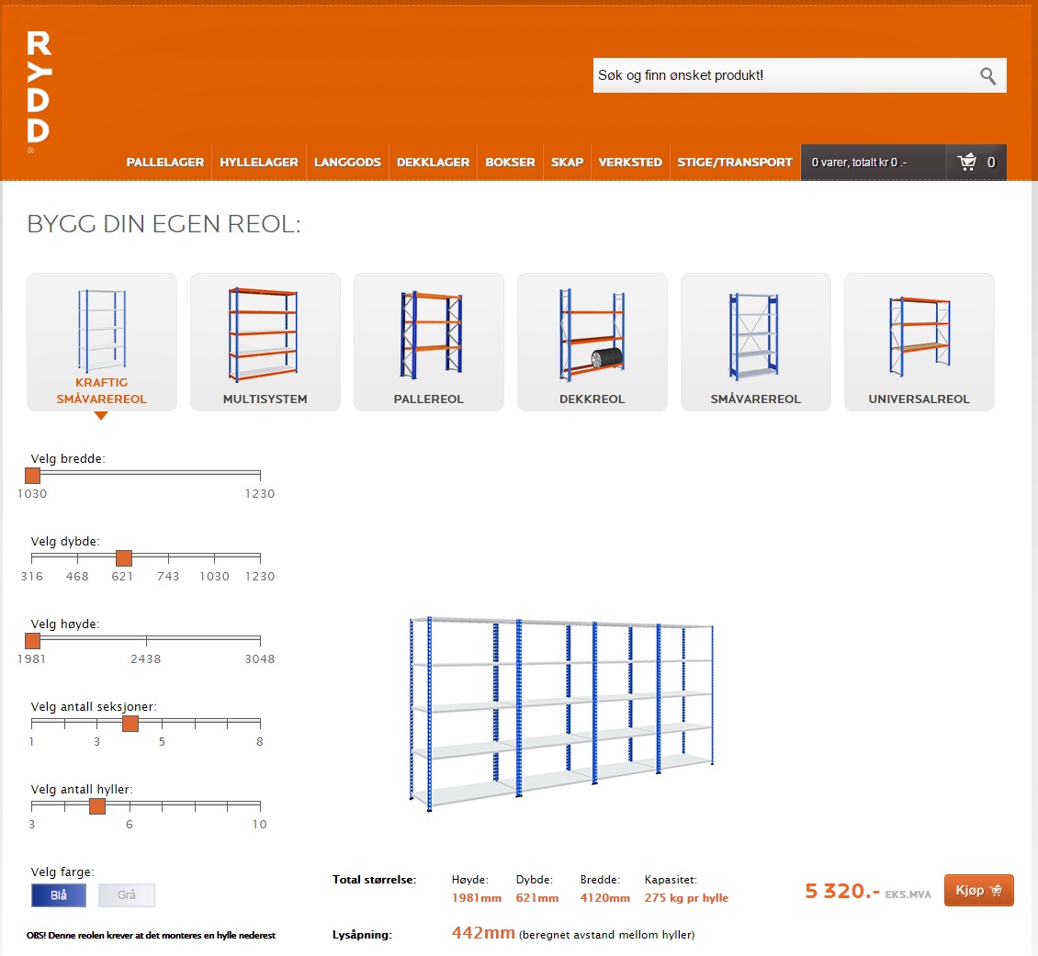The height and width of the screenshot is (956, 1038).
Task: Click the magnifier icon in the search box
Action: pos(987,76)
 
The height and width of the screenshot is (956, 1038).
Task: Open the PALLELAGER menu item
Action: pos(164,163)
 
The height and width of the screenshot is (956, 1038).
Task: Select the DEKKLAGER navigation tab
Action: pos(433,163)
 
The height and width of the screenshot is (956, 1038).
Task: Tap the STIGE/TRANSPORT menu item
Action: pos(735,163)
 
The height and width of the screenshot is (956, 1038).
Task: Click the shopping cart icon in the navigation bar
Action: pos(967,162)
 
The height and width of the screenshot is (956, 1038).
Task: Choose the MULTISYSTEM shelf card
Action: pos(265,342)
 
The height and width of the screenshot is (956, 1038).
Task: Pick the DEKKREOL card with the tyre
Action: pos(592,342)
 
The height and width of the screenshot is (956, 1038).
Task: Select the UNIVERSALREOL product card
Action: pos(919,342)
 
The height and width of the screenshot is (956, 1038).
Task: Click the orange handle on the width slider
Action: pos(32,475)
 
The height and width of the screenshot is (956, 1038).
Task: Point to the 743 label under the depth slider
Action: pos(168,576)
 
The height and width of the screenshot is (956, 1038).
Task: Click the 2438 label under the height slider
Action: pos(146,659)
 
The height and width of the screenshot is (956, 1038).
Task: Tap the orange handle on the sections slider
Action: pos(130,723)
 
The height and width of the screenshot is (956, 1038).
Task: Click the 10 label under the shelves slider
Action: pos(259,825)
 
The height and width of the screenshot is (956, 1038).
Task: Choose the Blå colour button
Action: pos(59,895)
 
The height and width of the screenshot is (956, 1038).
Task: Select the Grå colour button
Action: pos(127,895)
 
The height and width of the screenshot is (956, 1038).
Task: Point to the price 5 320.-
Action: pos(842,891)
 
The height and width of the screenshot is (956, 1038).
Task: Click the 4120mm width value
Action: pos(605,898)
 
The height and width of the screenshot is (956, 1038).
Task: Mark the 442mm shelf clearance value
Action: pos(483,933)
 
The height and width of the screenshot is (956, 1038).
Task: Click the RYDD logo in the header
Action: pos(39,86)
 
